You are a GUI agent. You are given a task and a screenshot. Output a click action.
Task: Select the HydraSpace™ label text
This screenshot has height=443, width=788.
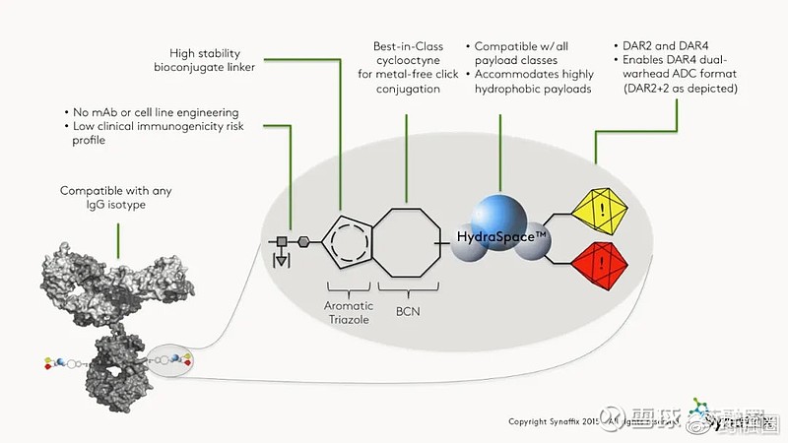tap(502, 238)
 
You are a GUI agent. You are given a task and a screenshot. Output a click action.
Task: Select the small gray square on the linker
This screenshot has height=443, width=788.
tap(282, 240)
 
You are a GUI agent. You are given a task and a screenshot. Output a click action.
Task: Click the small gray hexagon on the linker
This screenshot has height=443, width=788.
tap(301, 240)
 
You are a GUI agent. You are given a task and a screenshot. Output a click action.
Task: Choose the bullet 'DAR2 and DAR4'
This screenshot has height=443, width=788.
tap(660, 46)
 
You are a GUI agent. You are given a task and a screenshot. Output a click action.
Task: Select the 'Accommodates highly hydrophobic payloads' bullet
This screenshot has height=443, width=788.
tap(533, 81)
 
